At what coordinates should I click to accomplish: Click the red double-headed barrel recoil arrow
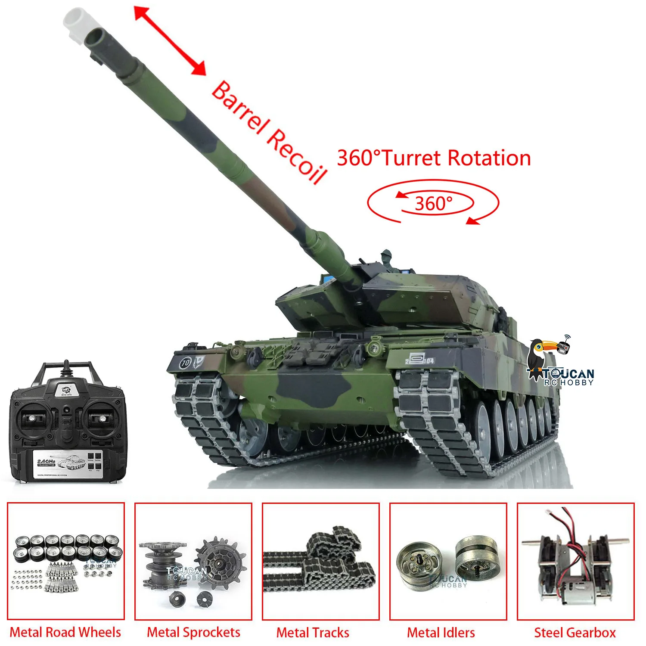170,40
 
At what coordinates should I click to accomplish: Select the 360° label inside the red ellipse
433,203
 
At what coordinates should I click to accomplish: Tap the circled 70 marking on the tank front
186,363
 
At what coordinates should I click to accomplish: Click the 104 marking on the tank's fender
428,360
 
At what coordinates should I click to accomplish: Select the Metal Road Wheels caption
65,632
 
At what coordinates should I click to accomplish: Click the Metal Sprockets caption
193,632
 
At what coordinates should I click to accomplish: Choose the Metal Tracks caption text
313,632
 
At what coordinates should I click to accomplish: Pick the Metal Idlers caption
441,632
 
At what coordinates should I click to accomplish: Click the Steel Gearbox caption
575,632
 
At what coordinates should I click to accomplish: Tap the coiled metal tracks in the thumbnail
321,564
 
